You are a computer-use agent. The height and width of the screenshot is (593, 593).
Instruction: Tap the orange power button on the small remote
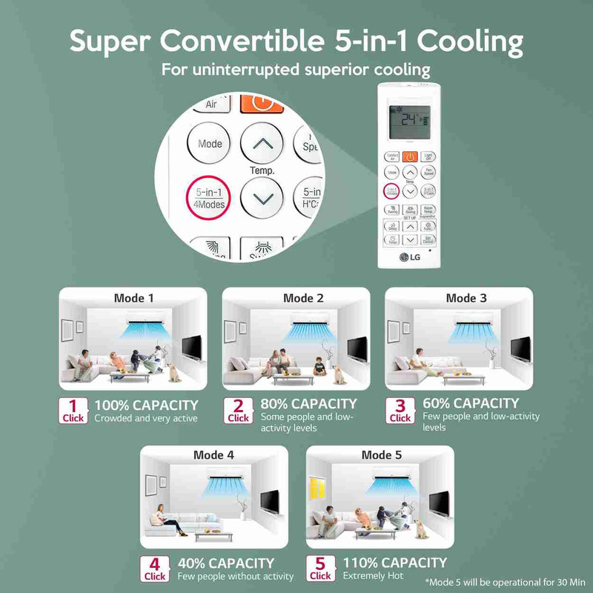(410, 156)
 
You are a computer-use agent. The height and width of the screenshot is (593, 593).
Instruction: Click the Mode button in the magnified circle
(210, 144)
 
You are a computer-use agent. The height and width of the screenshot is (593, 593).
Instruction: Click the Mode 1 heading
(134, 298)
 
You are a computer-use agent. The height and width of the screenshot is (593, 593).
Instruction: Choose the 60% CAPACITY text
(471, 403)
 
